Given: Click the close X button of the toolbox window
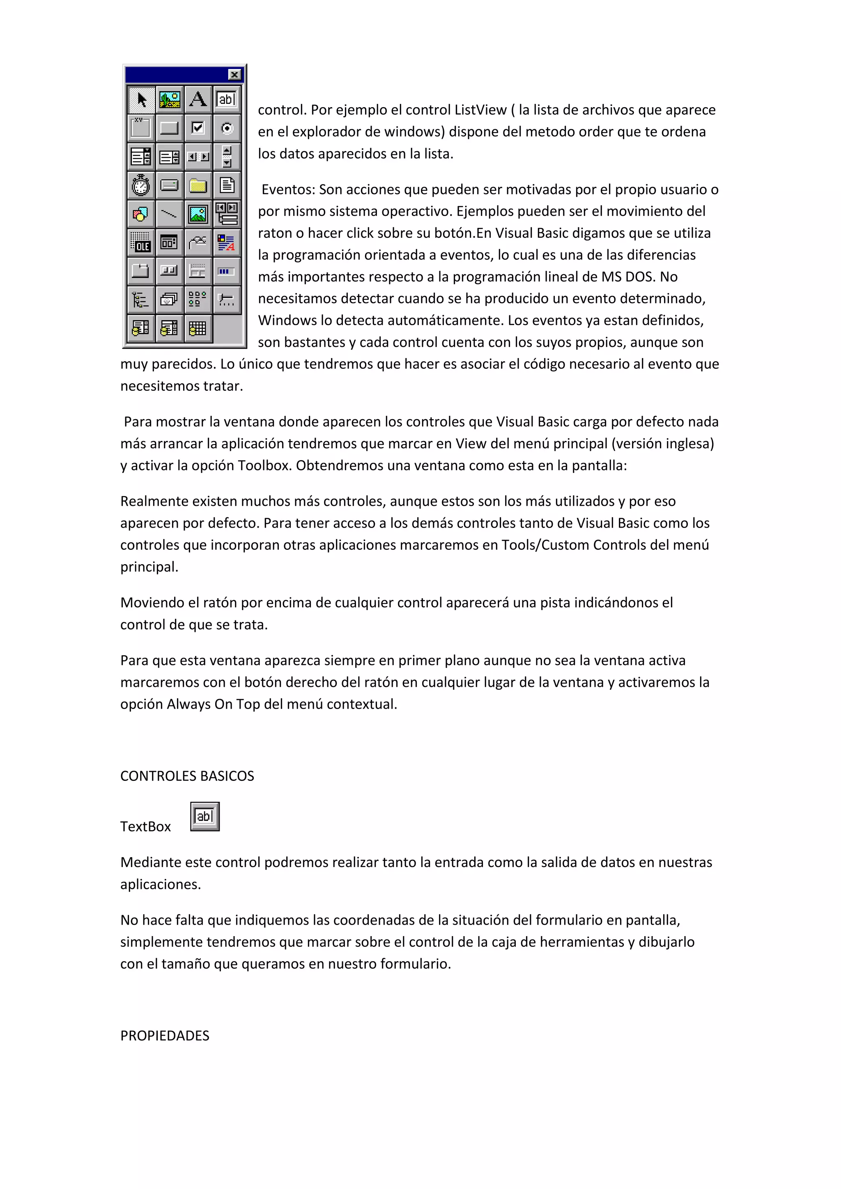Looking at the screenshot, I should click(x=234, y=75).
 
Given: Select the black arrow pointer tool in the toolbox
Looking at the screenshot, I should click(x=141, y=99).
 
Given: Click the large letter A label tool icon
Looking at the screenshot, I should click(x=198, y=99).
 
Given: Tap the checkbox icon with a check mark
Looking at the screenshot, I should click(x=198, y=127).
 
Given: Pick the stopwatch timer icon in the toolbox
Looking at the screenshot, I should click(x=141, y=185).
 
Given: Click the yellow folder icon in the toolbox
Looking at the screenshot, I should click(x=198, y=185).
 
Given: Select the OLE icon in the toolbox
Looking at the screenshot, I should click(x=141, y=242).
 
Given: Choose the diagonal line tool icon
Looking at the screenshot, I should click(x=169, y=213).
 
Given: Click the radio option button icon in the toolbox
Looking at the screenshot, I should click(x=227, y=127).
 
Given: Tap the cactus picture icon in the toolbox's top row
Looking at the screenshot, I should click(x=169, y=99).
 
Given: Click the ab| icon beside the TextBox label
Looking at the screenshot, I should click(x=205, y=817).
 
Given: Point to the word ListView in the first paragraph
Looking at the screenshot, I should click(x=480, y=110).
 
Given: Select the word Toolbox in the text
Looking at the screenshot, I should click(x=264, y=466).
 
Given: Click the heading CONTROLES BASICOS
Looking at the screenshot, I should click(x=187, y=776).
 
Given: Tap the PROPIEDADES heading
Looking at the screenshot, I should click(x=165, y=1036).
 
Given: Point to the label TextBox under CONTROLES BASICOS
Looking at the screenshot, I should click(x=145, y=826).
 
